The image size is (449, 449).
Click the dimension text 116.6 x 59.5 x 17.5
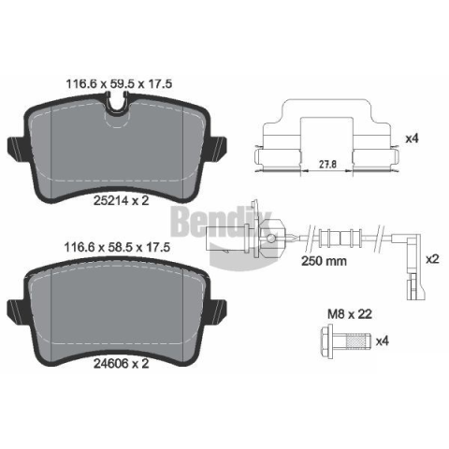[x=119, y=84]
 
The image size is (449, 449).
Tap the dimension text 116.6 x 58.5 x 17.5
[x=117, y=247]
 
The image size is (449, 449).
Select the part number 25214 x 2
[x=122, y=200]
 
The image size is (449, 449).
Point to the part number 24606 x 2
[x=122, y=363]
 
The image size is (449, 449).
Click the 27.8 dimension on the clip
[x=327, y=164]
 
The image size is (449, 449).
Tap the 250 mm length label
[x=324, y=261]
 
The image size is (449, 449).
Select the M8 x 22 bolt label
[x=350, y=314]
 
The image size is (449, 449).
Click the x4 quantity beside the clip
[x=412, y=138]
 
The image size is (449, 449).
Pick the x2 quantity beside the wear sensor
[x=432, y=259]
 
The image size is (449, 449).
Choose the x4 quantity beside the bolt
[x=383, y=341]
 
